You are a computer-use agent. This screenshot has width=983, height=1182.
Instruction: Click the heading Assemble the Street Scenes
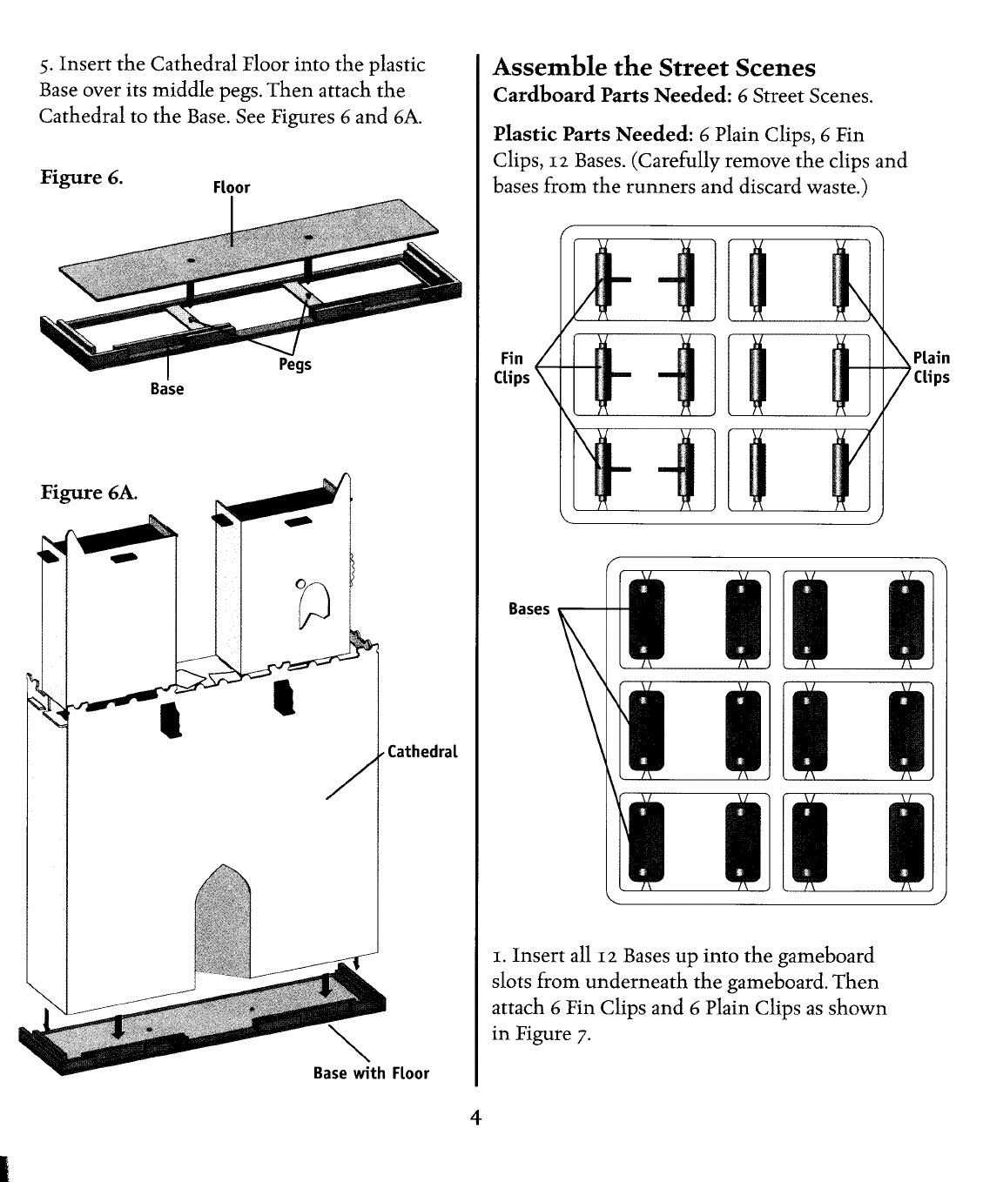(654, 68)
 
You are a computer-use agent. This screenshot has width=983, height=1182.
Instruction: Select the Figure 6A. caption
(90, 492)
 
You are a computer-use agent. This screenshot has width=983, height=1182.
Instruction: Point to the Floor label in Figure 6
(232, 187)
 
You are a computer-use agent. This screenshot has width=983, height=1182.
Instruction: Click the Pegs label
(294, 364)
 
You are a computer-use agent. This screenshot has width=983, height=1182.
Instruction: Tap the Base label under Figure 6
(166, 388)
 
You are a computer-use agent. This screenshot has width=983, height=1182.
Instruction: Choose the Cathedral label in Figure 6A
(421, 751)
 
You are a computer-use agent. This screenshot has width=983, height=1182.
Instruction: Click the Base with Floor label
(371, 1073)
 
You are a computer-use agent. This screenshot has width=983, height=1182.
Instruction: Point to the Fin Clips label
(512, 367)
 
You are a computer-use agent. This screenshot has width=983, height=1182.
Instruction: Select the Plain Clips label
(931, 367)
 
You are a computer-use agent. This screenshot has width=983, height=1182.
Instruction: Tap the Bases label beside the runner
(529, 609)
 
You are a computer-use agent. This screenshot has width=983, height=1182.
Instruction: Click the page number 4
(475, 1118)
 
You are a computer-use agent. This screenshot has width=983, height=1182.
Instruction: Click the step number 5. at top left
(46, 65)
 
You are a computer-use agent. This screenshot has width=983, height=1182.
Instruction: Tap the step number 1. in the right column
(500, 957)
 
